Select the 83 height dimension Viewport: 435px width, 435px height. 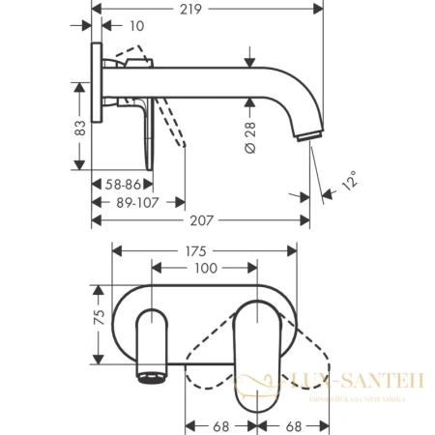pos(81,127)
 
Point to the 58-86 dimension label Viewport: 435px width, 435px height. pos(120,182)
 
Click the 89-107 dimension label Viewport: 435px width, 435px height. pos(138,203)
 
